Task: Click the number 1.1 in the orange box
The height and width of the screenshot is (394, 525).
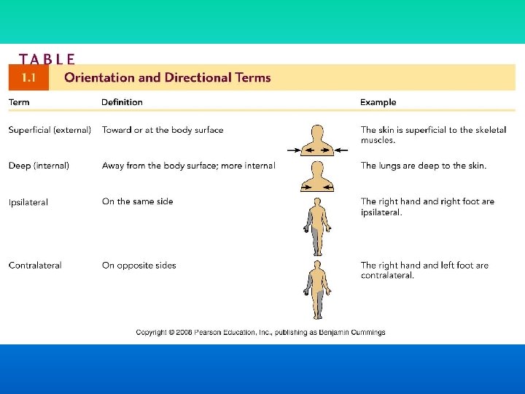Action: pyautogui.click(x=29, y=77)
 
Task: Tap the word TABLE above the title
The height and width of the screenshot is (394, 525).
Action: pyautogui.click(x=47, y=59)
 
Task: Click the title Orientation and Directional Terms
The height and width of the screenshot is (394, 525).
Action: pyautogui.click(x=168, y=77)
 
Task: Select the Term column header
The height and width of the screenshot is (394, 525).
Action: pyautogui.click(x=19, y=102)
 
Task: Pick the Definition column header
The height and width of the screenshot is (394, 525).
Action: pyautogui.click(x=122, y=102)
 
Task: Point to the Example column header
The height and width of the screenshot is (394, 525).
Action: pyautogui.click(x=378, y=102)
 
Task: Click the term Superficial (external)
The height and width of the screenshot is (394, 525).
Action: pyautogui.click(x=50, y=130)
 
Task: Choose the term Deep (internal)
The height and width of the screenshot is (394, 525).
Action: pyautogui.click(x=39, y=166)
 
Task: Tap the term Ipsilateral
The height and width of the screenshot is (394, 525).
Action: pyautogui.click(x=28, y=202)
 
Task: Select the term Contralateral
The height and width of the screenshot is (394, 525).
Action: pyautogui.click(x=35, y=266)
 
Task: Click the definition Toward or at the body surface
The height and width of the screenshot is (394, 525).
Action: pyautogui.click(x=163, y=130)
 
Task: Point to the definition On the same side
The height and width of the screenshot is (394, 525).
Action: pyautogui.click(x=138, y=201)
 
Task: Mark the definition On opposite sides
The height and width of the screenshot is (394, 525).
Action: pyautogui.click(x=139, y=266)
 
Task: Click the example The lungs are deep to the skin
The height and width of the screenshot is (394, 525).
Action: pyautogui.click(x=423, y=166)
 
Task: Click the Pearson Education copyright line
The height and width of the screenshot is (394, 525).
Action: pyautogui.click(x=260, y=333)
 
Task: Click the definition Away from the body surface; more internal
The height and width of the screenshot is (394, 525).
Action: pyautogui.click(x=188, y=166)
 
